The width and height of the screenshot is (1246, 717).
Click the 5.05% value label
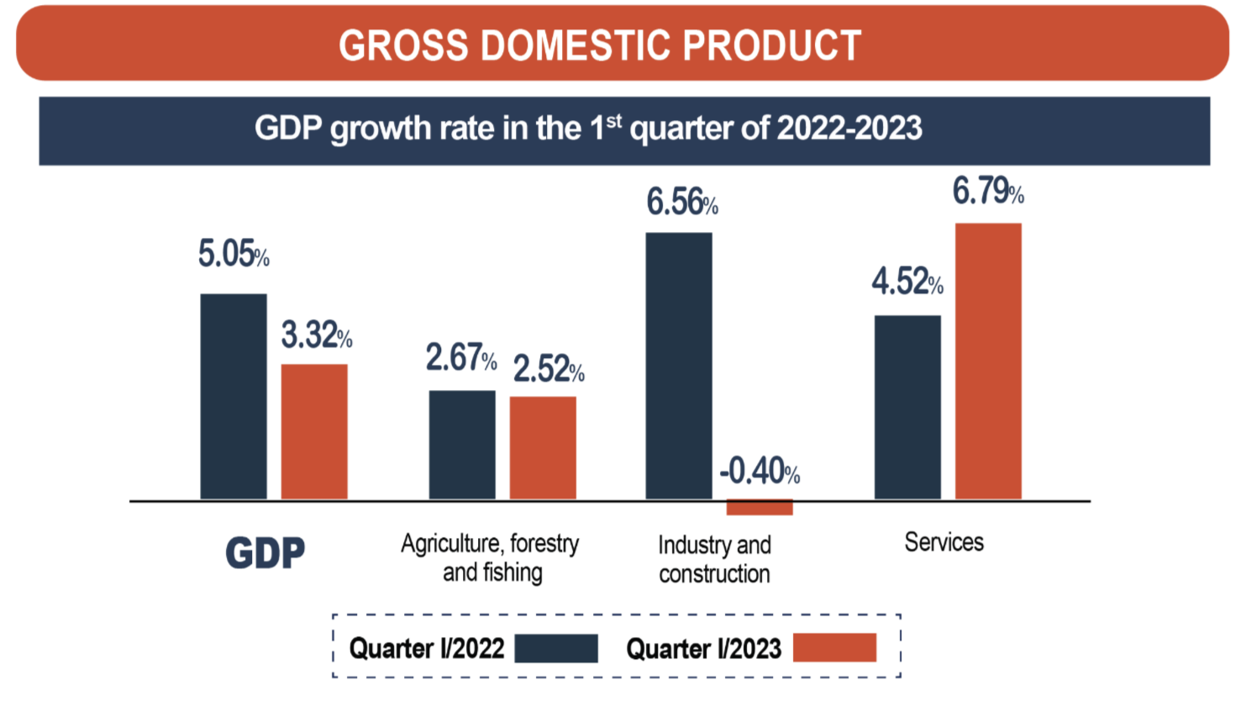point(234,254)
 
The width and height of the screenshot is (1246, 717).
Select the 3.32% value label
point(316,335)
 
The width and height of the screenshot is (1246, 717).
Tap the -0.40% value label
point(759,471)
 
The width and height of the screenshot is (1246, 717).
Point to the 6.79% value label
point(987,192)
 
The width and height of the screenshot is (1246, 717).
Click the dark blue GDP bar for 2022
point(234,397)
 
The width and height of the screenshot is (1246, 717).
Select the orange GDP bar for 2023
point(314,432)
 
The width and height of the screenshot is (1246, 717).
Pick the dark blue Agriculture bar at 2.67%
point(462,445)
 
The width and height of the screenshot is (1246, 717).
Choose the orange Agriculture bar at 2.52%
point(543,448)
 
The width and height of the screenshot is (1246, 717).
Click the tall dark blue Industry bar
point(679,366)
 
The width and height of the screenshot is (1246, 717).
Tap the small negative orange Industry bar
point(760,507)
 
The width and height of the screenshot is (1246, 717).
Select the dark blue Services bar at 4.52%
point(907,408)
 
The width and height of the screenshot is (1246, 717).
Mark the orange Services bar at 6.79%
point(988,361)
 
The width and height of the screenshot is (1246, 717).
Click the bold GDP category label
point(265,553)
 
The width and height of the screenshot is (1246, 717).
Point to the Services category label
point(944,542)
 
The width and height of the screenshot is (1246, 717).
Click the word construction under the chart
point(714,574)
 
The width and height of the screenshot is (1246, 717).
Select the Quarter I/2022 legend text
point(427,649)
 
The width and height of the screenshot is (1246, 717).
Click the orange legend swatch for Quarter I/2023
point(834,648)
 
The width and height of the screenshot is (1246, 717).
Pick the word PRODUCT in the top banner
point(771,45)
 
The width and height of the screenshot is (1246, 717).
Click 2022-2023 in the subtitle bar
point(849,129)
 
